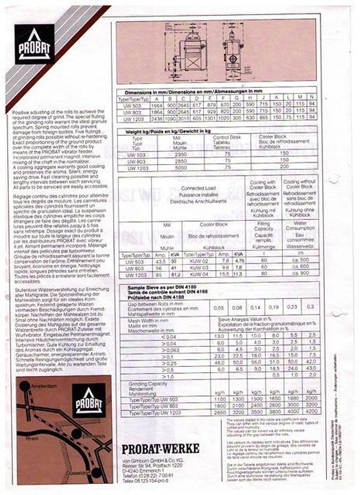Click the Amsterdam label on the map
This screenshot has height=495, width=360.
tap(45, 386)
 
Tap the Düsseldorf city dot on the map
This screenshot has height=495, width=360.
tap(97, 472)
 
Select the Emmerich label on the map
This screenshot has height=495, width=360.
tap(93, 436)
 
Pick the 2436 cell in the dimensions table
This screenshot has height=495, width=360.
tap(156, 117)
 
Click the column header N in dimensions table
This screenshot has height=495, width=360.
tap(312, 98)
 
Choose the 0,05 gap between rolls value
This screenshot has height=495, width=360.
tap(219, 307)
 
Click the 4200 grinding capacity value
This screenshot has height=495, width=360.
tap(310, 411)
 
